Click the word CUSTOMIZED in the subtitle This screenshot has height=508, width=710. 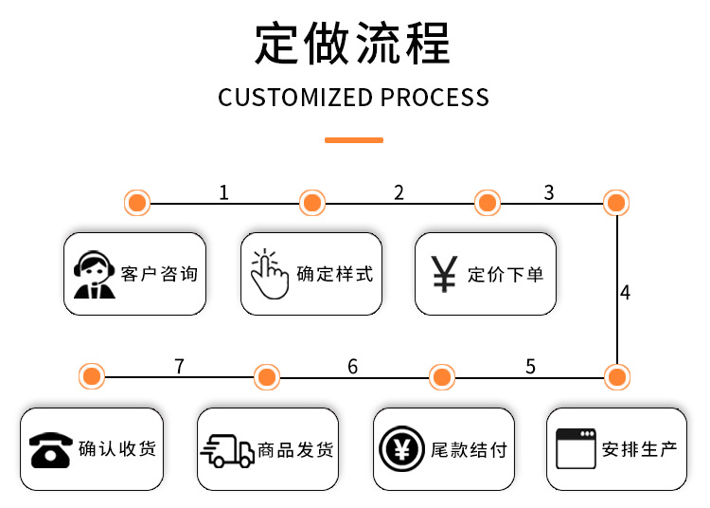[295, 98]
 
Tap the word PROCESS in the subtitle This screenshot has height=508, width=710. [435, 98]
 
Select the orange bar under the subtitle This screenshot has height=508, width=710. [353, 139]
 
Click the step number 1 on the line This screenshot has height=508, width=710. [223, 192]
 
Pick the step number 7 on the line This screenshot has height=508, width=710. [179, 366]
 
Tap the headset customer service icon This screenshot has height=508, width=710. [94, 275]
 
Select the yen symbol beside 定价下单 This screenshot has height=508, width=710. [443, 274]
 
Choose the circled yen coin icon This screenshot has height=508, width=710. [401, 449]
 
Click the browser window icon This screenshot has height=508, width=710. [576, 449]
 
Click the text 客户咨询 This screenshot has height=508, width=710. [160, 275]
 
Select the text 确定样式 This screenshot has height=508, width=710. [335, 275]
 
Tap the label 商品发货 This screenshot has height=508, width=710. [295, 450]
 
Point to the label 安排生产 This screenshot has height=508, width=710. [640, 450]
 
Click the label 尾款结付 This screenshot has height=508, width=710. [469, 450]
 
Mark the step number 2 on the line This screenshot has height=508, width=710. [399, 192]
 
